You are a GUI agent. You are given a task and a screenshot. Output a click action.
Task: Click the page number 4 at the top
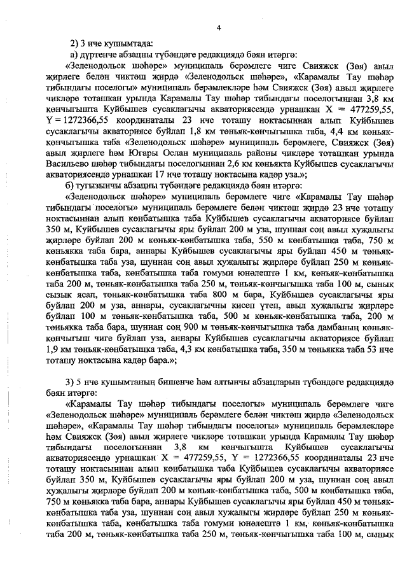coord(218,26)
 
